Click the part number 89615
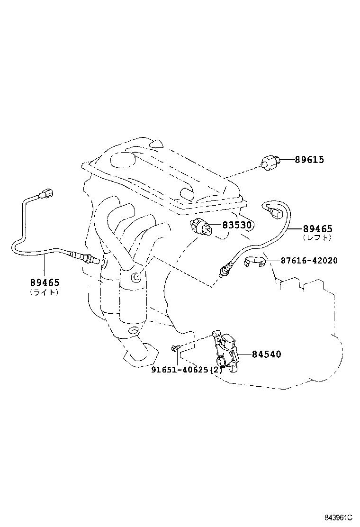(309, 160)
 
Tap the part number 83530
(237, 225)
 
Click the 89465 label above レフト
(318, 229)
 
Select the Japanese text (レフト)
(317, 238)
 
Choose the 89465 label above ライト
(45, 283)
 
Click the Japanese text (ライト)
(45, 292)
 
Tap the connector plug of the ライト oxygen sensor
(45, 193)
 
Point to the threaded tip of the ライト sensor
(96, 260)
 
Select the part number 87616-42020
(309, 261)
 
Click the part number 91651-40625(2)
(187, 370)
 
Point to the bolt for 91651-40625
(176, 348)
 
